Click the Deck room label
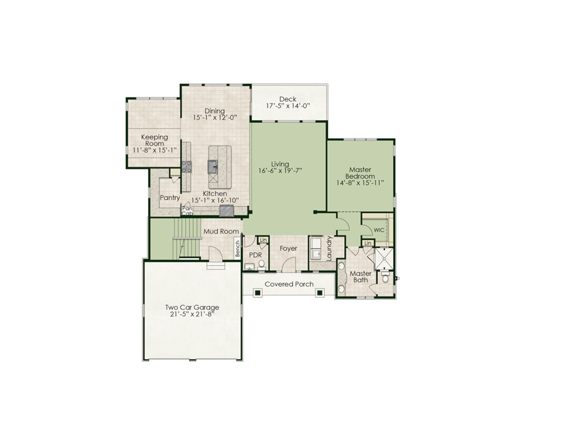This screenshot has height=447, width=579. click(288, 99)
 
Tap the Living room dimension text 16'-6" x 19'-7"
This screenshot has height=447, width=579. click(280, 171)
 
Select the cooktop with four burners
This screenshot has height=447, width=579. click(187, 167)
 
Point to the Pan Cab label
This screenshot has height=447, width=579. click(187, 211)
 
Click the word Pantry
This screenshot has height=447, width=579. click(170, 198)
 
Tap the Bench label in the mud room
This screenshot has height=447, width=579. click(238, 249)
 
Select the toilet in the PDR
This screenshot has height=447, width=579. click(261, 265)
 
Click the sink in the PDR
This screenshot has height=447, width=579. click(249, 266)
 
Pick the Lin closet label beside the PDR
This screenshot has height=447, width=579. click(263, 240)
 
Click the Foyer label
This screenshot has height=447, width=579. click(288, 249)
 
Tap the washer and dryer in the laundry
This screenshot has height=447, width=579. click(316, 249)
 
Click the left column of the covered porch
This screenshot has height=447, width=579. click(258, 293)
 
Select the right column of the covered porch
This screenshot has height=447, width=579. click(319, 293)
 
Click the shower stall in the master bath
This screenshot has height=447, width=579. click(384, 258)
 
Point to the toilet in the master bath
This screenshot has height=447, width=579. click(385, 277)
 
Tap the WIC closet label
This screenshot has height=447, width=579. click(379, 230)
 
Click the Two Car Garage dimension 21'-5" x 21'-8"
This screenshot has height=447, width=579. click(192, 314)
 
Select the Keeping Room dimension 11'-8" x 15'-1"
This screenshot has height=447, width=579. click(155, 150)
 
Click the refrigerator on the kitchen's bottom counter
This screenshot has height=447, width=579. click(226, 211)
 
